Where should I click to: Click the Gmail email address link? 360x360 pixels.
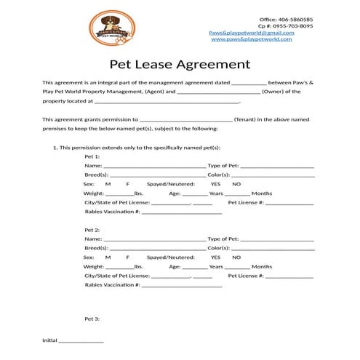click(x=252, y=33)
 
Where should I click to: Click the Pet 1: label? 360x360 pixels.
click(x=92, y=156)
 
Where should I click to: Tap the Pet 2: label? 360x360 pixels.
click(x=92, y=230)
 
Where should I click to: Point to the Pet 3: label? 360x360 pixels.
click(x=92, y=319)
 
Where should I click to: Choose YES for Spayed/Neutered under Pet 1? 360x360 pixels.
click(x=216, y=184)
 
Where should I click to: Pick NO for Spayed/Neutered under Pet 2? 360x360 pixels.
click(x=236, y=257)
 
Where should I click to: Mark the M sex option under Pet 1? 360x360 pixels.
click(x=108, y=184)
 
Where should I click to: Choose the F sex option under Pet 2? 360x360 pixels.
click(x=128, y=257)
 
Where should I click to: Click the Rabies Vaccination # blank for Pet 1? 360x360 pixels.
click(x=181, y=212)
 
